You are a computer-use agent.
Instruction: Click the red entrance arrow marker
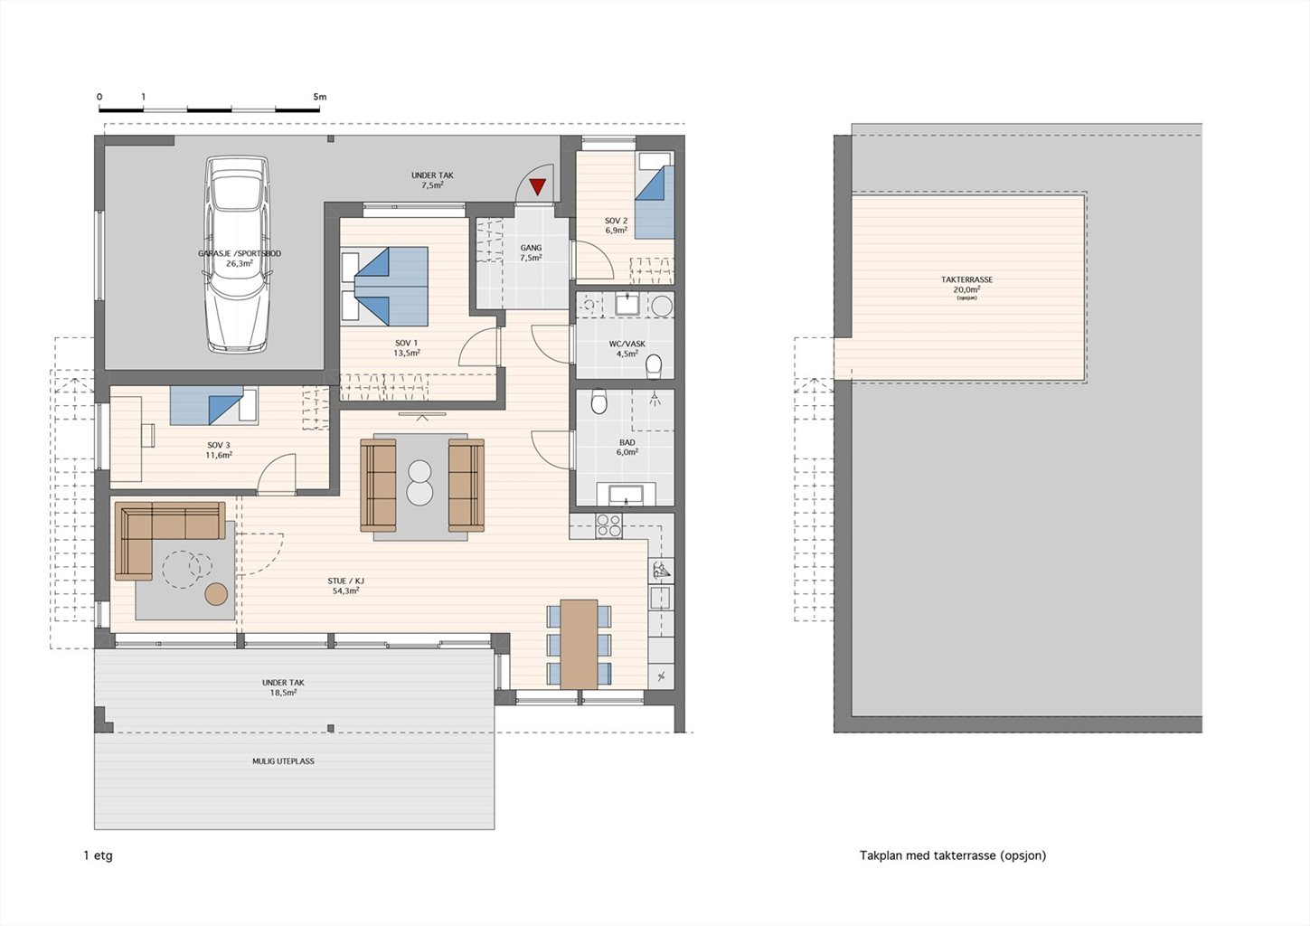537,186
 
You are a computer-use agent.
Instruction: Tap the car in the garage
238,254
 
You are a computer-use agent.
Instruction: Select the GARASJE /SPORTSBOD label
240,253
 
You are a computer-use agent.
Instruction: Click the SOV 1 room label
407,343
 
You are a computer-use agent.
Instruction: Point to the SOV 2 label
616,221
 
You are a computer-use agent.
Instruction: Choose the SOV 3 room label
219,445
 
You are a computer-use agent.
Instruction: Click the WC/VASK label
627,344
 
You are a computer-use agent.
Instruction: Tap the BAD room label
627,442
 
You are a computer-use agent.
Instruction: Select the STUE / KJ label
345,581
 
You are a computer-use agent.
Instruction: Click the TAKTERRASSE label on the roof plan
966,279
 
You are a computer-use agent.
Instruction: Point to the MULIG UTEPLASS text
283,761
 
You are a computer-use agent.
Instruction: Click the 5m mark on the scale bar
319,97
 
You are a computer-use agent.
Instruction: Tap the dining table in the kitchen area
579,644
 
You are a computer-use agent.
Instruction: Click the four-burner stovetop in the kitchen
608,525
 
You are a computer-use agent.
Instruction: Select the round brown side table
216,594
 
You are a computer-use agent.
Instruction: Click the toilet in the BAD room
598,402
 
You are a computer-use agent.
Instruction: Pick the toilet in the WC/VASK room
654,366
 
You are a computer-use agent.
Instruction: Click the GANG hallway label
531,248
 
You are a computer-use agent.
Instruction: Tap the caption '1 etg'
99,855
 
